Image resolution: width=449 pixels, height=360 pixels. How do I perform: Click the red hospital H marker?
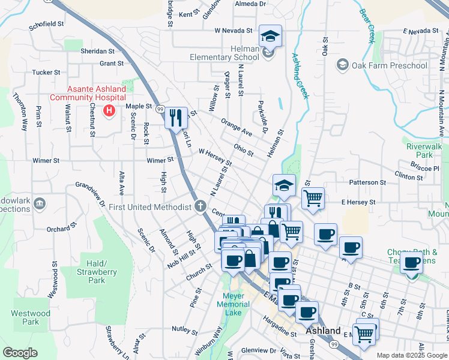(x=109, y=110)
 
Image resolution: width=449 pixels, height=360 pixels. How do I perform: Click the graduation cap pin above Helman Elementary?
(x=270, y=36)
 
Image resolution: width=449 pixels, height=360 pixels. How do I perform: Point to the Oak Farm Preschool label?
(x=380, y=65)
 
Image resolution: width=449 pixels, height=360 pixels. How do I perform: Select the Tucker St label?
(x=46, y=72)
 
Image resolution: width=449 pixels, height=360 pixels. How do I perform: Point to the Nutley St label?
(x=184, y=329)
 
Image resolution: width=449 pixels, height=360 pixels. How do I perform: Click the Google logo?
(x=20, y=353)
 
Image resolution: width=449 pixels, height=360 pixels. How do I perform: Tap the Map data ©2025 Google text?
(x=412, y=355)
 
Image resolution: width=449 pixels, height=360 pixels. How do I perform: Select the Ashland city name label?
(x=323, y=331)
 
